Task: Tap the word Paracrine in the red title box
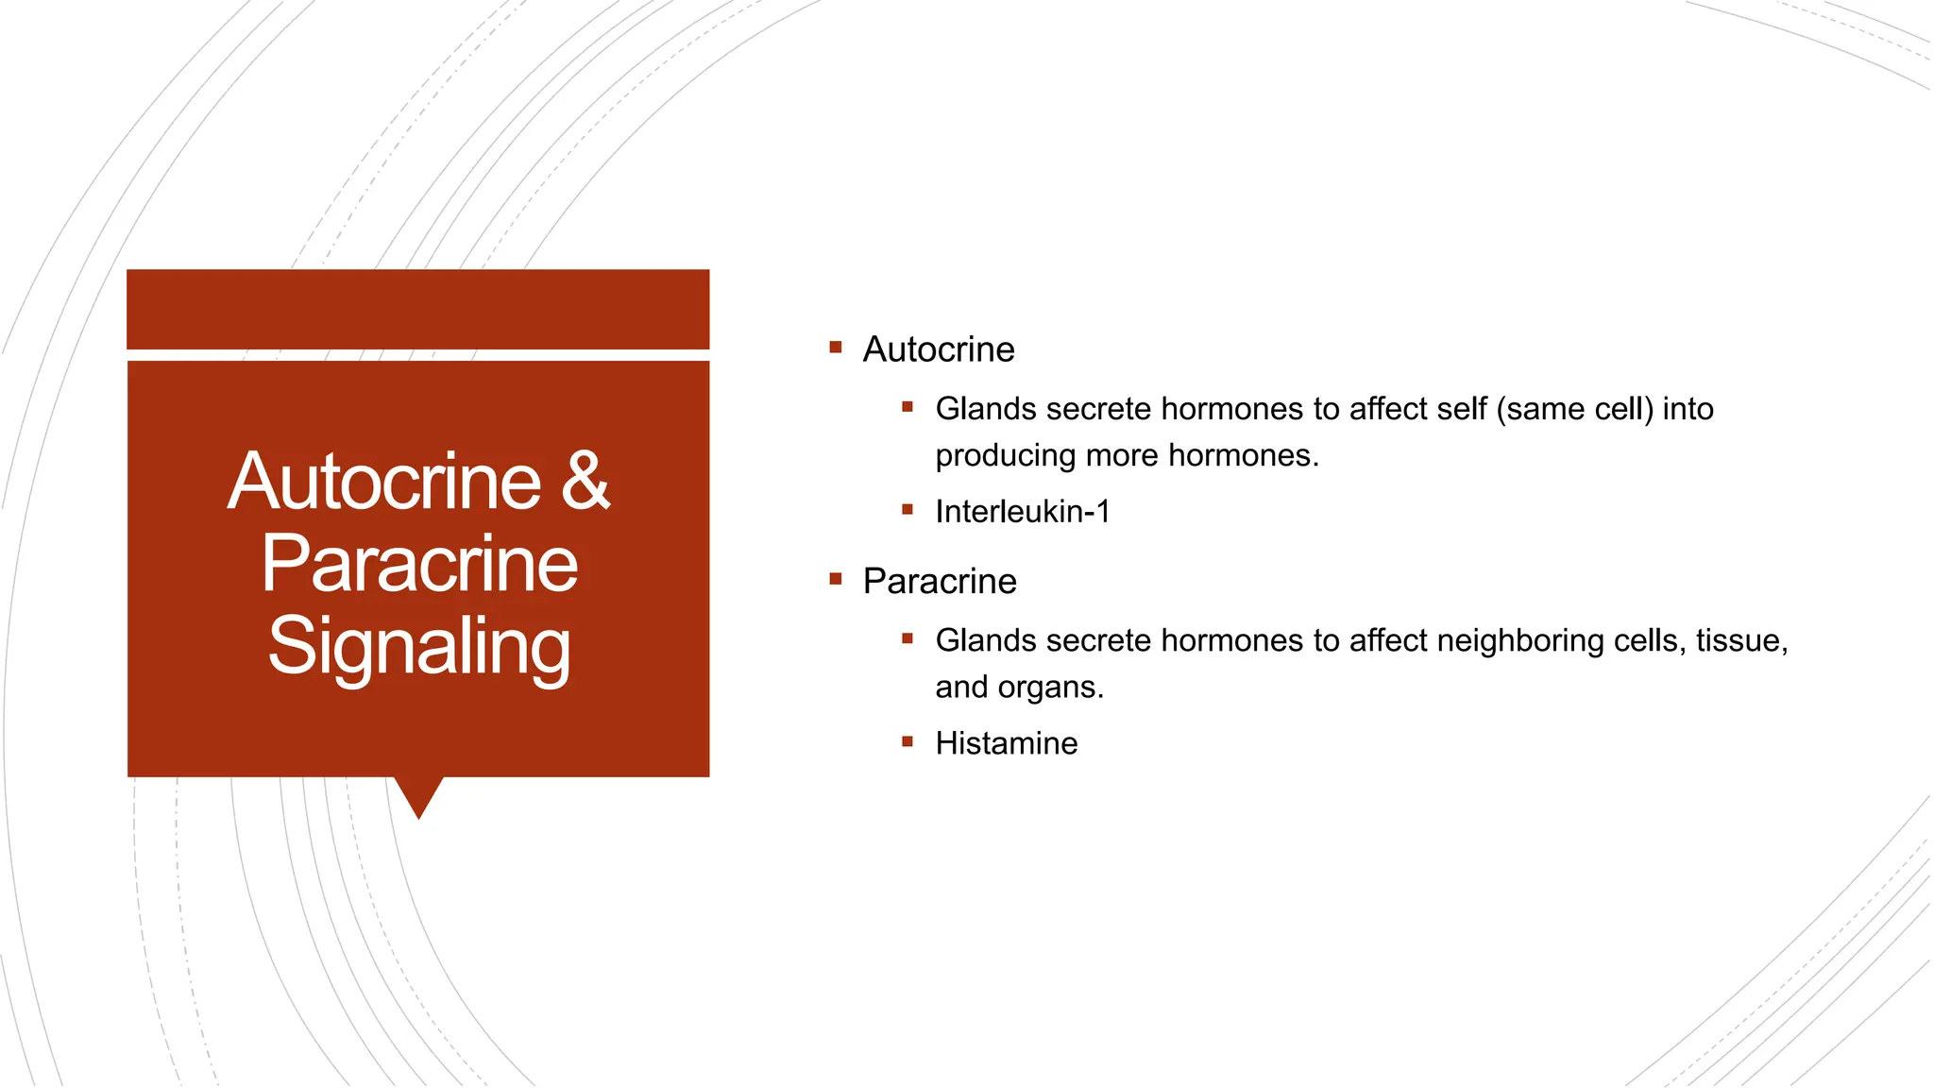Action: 419,564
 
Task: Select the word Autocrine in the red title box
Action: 384,482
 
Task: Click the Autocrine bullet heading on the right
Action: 939,349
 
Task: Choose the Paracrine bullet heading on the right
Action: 940,582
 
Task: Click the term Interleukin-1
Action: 1023,512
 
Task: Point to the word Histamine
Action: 1007,743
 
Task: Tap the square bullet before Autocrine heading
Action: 836,348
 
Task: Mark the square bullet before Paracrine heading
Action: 836,579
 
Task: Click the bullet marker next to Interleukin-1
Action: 908,510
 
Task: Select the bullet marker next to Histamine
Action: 908,741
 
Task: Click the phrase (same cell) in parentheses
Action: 1574,409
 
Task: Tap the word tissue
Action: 1740,640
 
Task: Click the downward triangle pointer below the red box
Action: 418,795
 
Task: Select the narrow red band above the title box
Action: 418,309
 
